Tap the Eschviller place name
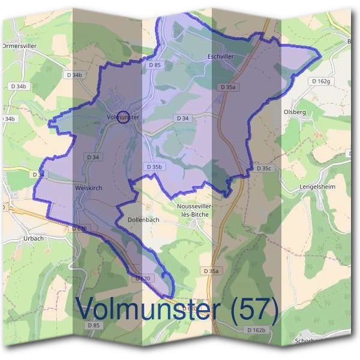[x=220, y=56]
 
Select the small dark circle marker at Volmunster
[x=122, y=118]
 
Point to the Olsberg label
[x=294, y=112]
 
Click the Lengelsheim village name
[x=317, y=187]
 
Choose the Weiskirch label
[x=89, y=188]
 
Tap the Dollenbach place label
[x=144, y=220]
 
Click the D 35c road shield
[x=264, y=169]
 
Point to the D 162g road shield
[x=321, y=81]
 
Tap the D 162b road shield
[x=256, y=330]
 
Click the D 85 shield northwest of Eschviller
[x=154, y=65]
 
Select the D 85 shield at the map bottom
[x=93, y=325]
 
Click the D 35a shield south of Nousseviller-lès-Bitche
[x=211, y=271]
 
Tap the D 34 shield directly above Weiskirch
[x=93, y=157]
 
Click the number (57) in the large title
[x=252, y=308]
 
